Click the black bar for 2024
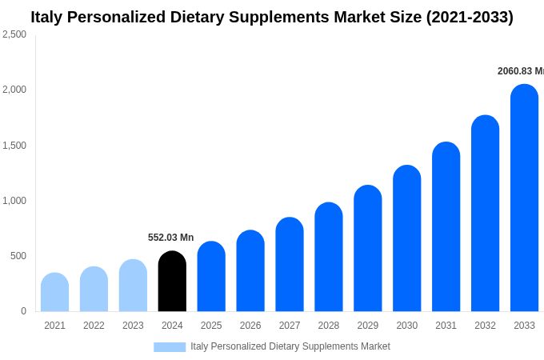(x=172, y=282)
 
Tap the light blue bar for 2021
(x=54, y=293)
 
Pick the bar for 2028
(x=328, y=258)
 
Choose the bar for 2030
(x=406, y=239)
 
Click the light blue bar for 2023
(x=133, y=286)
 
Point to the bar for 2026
(x=250, y=271)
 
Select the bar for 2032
(x=485, y=214)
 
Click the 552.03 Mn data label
(x=170, y=238)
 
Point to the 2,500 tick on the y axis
(x=14, y=34)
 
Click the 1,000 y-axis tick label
(x=14, y=201)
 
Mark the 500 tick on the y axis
(x=18, y=256)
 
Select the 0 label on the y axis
(x=23, y=311)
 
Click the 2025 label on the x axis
(x=211, y=326)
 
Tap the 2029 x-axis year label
(x=367, y=326)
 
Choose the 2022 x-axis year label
(x=94, y=326)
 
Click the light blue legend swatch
(x=170, y=347)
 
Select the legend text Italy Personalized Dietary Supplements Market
(x=290, y=346)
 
